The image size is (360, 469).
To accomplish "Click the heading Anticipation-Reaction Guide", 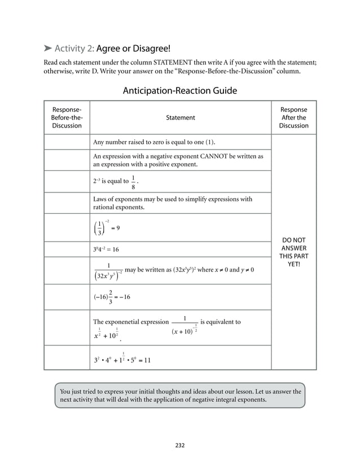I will (x=179, y=90).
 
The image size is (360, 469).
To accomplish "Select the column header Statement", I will (x=180, y=117).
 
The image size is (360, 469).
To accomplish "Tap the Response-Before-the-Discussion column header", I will (x=67, y=117).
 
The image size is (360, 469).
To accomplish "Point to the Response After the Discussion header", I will (x=293, y=117).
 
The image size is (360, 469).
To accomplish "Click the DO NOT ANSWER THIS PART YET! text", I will (x=293, y=252).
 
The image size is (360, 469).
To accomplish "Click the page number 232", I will (x=179, y=445).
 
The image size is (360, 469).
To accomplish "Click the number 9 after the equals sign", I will (x=118, y=229).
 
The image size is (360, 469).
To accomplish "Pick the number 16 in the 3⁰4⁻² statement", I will (x=115, y=249).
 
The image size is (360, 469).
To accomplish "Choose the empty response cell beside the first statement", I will (x=67, y=141).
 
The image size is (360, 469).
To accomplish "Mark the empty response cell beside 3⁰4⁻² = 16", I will (x=67, y=249).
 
